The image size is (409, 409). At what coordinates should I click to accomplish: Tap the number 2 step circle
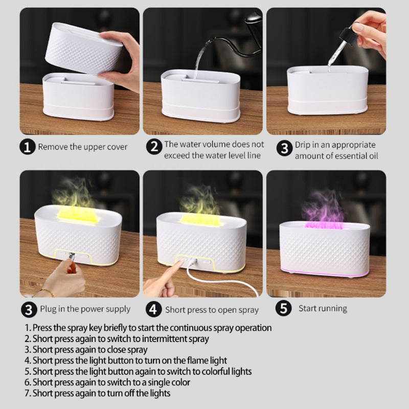pyautogui.click(x=154, y=147)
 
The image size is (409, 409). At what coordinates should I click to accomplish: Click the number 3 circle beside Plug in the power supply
pyautogui.click(x=29, y=309)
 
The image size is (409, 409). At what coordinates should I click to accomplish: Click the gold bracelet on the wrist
pyautogui.click(x=47, y=292)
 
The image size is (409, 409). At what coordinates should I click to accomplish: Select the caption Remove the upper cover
pyautogui.click(x=83, y=147)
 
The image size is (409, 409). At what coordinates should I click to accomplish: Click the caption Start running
pyautogui.click(x=323, y=309)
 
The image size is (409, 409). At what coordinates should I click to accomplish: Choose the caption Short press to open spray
pyautogui.click(x=212, y=310)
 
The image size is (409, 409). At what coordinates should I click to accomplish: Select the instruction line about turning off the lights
pyautogui.click(x=101, y=393)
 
